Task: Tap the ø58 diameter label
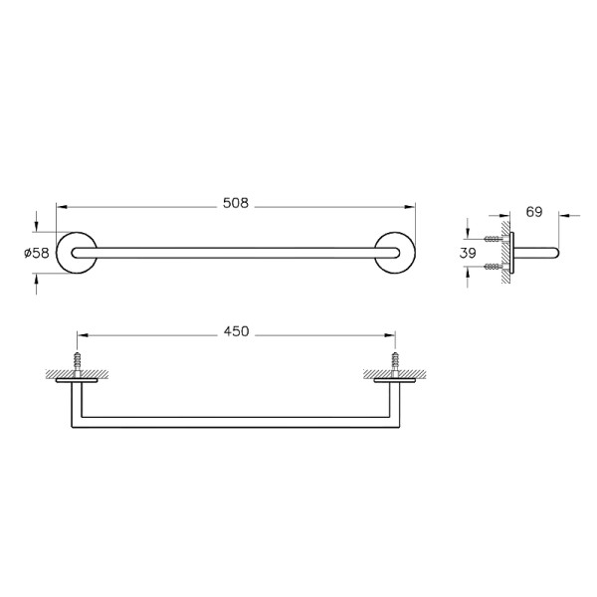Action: point(36,253)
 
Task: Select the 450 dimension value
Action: point(236,331)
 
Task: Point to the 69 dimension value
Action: point(534,211)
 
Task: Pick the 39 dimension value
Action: point(468,253)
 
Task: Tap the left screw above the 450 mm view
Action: point(75,360)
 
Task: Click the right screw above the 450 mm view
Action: point(396,360)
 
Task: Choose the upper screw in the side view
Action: point(493,239)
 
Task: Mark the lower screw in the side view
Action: point(493,267)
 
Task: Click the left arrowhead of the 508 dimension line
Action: point(60,206)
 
